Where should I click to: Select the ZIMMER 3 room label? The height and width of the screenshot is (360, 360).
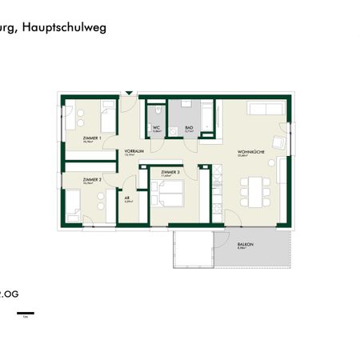(170, 172)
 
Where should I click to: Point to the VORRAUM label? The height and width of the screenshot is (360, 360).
(134, 151)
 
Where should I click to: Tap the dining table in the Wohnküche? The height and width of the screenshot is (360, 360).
(254, 190)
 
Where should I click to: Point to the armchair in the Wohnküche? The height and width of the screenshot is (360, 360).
(278, 142)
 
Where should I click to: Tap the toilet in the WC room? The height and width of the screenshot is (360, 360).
(158, 112)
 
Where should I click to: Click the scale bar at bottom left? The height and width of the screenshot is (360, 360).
(26, 312)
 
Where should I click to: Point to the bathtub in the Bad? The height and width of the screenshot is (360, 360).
(207, 118)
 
